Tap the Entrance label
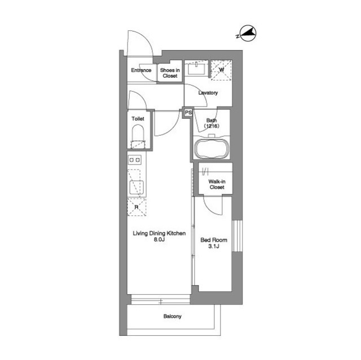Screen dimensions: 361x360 coord(141,70)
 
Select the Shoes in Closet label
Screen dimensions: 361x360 coord(170,73)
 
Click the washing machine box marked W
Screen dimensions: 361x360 coord(221,70)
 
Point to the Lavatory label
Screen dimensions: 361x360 coord(208,93)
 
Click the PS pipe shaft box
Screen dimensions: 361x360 coord(188,113)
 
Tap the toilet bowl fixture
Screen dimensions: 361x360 coord(138,137)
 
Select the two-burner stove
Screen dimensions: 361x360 coord(135,160)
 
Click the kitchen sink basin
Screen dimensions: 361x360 coord(137,188)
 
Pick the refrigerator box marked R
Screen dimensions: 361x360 coord(137,207)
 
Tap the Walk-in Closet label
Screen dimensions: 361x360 coord(217,184)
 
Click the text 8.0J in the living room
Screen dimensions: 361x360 coord(159,239)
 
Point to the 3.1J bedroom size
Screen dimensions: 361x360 coord(214,246)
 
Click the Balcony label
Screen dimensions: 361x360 coord(173,316)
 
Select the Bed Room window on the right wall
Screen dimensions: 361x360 coord(237,236)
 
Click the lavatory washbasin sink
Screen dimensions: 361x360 coord(196,68)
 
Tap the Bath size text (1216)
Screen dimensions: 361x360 coord(212,126)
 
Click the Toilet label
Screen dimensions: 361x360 coord(138,119)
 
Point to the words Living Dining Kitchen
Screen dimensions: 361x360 coord(159,234)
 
